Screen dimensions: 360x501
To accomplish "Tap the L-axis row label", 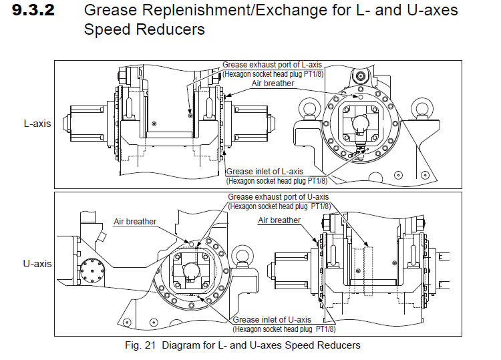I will pos(37,124).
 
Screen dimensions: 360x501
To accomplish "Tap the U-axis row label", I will pos(37,264).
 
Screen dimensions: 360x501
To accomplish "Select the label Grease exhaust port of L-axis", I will pos(273,65).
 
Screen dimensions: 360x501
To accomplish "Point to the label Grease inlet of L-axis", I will pos(265,172).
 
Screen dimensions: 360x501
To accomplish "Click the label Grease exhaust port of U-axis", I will pos(279,197).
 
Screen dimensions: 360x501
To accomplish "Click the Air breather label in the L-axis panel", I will pos(273,83).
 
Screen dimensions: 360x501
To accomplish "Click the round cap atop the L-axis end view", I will pos(362,77).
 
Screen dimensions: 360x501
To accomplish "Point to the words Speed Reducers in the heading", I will pos(144,30).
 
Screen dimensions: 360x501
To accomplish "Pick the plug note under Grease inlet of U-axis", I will pos(284,329).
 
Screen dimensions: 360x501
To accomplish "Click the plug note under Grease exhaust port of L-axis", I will pos(274,74).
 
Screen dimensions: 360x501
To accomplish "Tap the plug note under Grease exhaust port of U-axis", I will pos(279,206).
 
